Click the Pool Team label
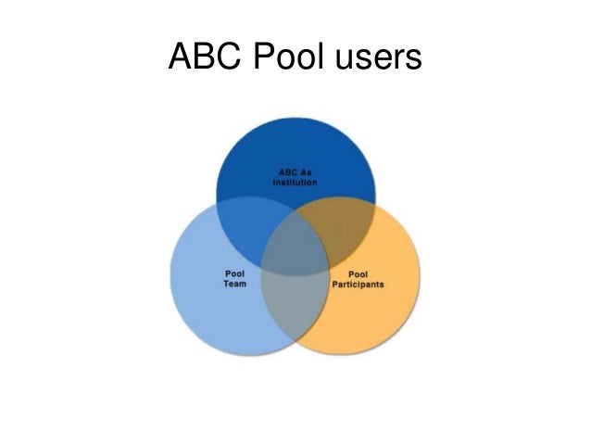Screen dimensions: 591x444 233,279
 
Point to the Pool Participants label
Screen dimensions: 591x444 358,279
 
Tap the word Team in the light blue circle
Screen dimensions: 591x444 233,285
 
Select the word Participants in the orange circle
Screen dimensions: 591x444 358,285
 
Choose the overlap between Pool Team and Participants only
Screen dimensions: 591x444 295,315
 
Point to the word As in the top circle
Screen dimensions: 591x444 306,171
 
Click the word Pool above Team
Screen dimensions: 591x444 233,273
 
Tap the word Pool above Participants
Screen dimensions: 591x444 358,273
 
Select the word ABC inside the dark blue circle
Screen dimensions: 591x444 288,171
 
